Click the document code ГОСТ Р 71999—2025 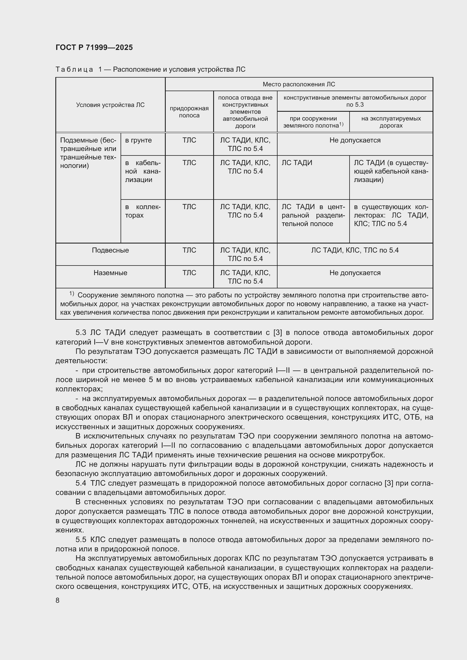coord(94,47)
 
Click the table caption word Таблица coord(74,70)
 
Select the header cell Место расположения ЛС coord(299,84)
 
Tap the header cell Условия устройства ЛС coord(110,105)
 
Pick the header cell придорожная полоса coord(189,112)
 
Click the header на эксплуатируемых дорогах coord(391,122)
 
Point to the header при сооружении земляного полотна coord(313,122)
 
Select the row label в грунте coord(138,140)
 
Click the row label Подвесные coord(110,250)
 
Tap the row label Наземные coord(110,273)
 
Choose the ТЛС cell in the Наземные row coord(189,273)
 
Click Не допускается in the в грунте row coord(355,140)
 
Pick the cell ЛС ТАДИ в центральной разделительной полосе coord(313,215)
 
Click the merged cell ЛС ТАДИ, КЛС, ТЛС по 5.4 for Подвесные coord(355,250)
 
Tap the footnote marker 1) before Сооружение coord(72,294)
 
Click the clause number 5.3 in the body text coord(81,333)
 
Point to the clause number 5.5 coord(81,540)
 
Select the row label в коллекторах coord(143,211)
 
